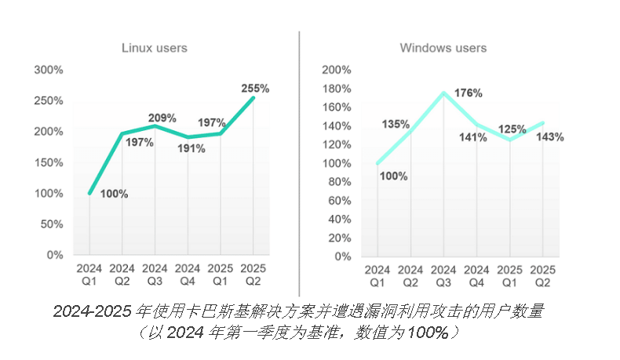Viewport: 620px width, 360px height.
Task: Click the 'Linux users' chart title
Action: coord(154,48)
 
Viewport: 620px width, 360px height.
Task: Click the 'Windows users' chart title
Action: coord(443,48)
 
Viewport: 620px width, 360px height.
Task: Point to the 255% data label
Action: coord(255,89)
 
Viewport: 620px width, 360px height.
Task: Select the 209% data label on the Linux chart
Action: coord(162,119)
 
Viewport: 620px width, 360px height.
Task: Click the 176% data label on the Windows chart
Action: coord(469,93)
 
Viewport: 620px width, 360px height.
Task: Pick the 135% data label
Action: coord(396,124)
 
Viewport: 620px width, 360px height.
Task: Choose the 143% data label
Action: coord(549,136)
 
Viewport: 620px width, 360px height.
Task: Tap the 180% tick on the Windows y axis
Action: coord(337,89)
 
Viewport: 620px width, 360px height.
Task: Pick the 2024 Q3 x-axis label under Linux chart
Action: coord(155,275)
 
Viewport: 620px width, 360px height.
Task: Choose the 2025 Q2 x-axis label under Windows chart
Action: coord(542,275)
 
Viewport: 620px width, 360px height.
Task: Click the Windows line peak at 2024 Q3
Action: coord(443,93)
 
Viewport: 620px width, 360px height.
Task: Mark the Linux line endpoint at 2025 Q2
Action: coord(253,97)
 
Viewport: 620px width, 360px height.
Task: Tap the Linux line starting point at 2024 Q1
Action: coord(89,193)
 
